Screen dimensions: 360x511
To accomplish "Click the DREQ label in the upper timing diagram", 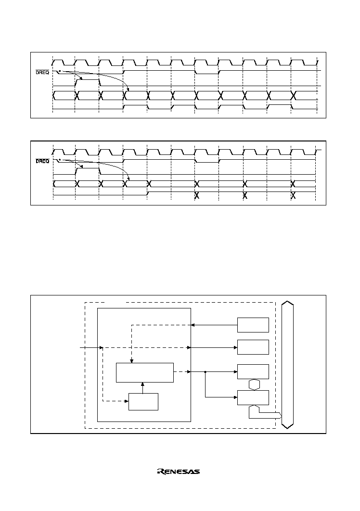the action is (x=42, y=72).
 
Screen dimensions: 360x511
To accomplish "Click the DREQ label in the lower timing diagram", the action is (x=42, y=161).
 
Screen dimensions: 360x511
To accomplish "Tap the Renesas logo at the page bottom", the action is (x=179, y=472).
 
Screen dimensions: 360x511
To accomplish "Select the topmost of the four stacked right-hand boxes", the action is (x=253, y=325).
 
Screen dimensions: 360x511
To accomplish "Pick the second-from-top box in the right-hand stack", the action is (x=253, y=347).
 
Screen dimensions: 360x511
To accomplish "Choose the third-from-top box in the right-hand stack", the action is (x=253, y=371).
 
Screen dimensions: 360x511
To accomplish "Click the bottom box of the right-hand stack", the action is (x=253, y=397).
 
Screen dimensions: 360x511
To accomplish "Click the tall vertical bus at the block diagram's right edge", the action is (x=287, y=366).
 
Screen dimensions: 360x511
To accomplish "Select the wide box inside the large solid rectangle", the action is (x=145, y=372).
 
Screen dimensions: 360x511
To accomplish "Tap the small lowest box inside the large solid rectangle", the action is (x=143, y=402).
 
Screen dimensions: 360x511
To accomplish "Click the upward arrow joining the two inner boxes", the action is (x=142, y=388).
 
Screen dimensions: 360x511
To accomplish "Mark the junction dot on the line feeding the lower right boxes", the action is (x=206, y=371).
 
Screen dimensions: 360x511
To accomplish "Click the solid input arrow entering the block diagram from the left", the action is (x=91, y=348).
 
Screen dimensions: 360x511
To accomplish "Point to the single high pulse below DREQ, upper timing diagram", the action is (x=88, y=79).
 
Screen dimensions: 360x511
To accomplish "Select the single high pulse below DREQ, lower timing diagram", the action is (x=88, y=168).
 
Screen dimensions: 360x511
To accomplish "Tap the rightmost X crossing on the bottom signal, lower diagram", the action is (x=293, y=196).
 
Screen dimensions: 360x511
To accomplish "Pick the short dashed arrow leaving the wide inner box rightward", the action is (x=182, y=371).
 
